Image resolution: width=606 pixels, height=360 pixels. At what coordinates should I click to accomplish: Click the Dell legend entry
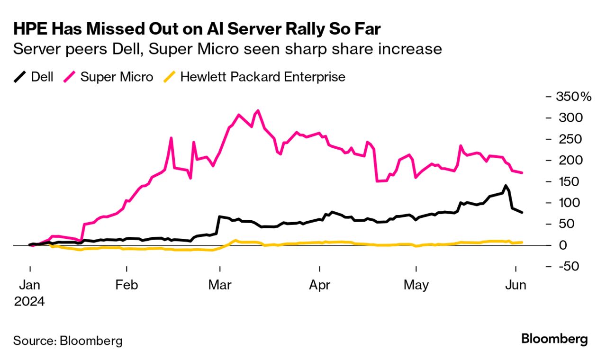coord(33,77)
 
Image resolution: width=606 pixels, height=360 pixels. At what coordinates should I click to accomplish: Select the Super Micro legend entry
coord(109,77)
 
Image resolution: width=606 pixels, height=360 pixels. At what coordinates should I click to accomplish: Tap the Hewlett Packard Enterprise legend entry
coord(256,77)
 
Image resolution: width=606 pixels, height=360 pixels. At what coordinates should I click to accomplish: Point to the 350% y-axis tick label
coord(574,97)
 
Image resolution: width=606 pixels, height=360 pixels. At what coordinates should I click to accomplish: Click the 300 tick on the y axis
coord(570,117)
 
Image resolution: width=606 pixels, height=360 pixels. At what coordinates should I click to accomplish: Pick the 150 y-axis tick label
coord(570,181)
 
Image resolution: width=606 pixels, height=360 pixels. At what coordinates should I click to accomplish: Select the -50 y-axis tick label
coord(570,266)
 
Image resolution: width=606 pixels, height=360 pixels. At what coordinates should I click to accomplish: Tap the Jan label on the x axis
coord(29,285)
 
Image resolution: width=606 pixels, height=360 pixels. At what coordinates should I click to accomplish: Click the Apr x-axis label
coord(320,285)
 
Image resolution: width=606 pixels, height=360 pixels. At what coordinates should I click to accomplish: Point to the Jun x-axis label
coord(515,285)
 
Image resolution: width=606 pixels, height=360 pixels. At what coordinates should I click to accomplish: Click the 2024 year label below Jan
coord(29,301)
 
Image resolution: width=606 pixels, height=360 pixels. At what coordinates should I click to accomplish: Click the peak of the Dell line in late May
coord(506,186)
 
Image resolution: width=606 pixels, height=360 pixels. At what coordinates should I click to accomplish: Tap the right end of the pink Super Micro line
coord(522,173)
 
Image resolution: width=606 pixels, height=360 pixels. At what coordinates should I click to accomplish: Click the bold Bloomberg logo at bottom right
coord(554,339)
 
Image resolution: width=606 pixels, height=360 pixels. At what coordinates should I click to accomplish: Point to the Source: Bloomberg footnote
coord(68,340)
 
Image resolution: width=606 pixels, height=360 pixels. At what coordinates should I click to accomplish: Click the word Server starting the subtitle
coord(33,49)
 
